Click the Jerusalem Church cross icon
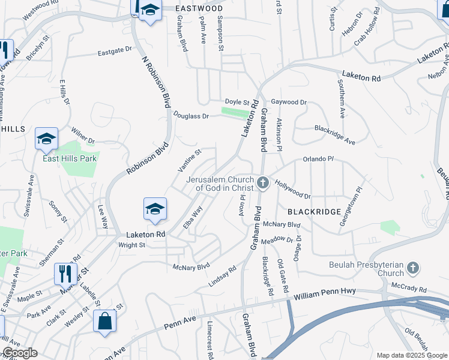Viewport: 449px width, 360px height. (x=262, y=182)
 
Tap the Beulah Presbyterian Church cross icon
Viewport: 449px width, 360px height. (x=412, y=267)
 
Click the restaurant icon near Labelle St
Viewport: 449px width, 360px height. (x=66, y=274)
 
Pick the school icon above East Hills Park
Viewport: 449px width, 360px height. (x=46, y=139)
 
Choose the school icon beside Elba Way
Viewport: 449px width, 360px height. (x=155, y=209)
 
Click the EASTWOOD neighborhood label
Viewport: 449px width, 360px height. (x=199, y=8)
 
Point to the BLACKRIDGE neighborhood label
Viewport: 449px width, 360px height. (x=314, y=212)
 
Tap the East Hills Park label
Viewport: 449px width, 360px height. (x=70, y=159)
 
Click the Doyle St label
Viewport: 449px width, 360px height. (x=237, y=102)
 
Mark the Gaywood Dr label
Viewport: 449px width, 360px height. (x=289, y=102)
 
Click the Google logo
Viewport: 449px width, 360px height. (x=20, y=353)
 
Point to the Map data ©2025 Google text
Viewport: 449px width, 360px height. (x=412, y=355)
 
